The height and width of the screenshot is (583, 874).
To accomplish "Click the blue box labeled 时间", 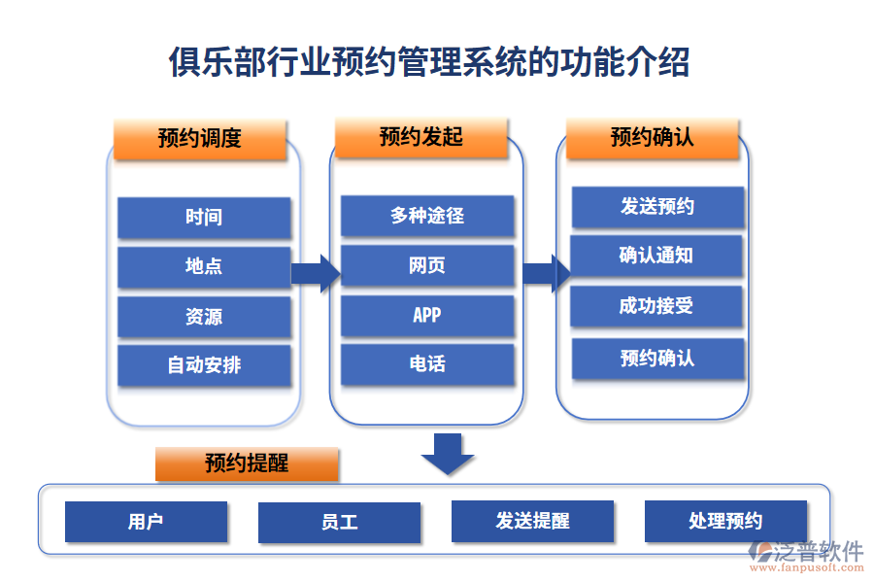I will (204, 218).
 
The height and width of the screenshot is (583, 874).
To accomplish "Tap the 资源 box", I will (204, 317).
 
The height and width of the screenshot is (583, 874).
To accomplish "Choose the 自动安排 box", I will (204, 366).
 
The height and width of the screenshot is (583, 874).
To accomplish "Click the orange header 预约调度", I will (199, 139).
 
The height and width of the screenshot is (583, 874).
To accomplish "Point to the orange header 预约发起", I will (420, 138).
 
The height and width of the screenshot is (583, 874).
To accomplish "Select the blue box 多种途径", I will (427, 216).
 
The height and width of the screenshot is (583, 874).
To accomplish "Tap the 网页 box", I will (427, 265).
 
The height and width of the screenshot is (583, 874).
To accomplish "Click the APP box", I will (427, 315).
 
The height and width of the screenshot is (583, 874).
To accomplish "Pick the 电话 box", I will (427, 364).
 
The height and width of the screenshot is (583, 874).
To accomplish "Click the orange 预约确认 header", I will (652, 138).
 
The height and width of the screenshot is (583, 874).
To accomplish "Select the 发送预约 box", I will (657, 207).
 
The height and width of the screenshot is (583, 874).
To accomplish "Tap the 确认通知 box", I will (656, 256).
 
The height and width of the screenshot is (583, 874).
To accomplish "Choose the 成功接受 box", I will (656, 306).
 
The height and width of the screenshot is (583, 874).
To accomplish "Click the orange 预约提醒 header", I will (247, 464).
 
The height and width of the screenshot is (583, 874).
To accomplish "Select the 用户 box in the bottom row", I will (146, 522).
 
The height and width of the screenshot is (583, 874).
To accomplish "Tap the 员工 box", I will (339, 523).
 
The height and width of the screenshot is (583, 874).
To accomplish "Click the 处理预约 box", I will (725, 522).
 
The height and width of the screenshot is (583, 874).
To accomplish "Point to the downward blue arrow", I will (448, 453).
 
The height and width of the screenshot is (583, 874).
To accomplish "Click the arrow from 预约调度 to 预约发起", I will (315, 273).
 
